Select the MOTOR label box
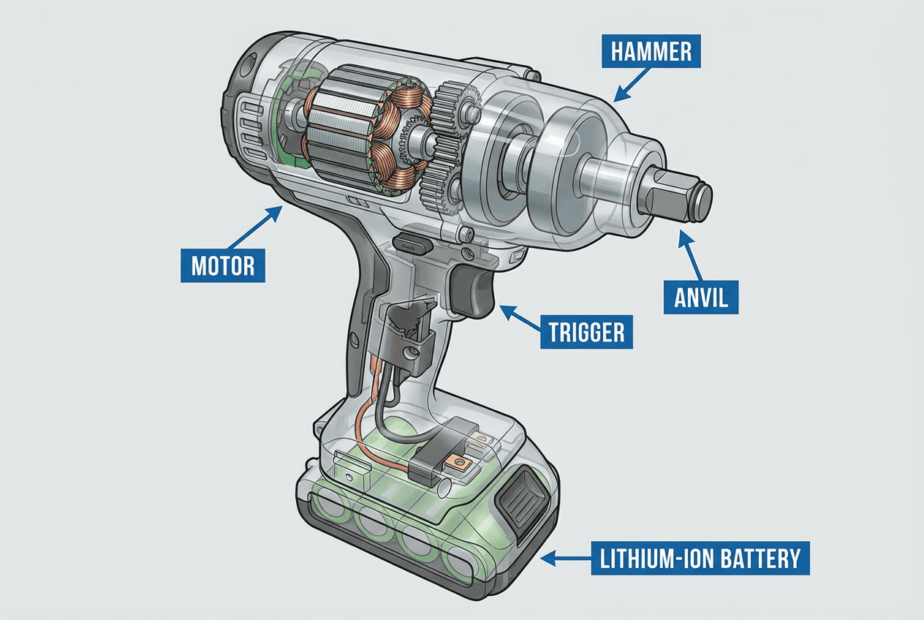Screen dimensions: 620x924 coord(222,265)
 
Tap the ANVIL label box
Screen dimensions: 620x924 coord(701,298)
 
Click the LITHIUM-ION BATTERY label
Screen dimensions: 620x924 coord(700,559)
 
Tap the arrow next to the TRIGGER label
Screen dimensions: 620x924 coord(521,318)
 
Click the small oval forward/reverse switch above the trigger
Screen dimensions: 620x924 coord(407,241)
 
